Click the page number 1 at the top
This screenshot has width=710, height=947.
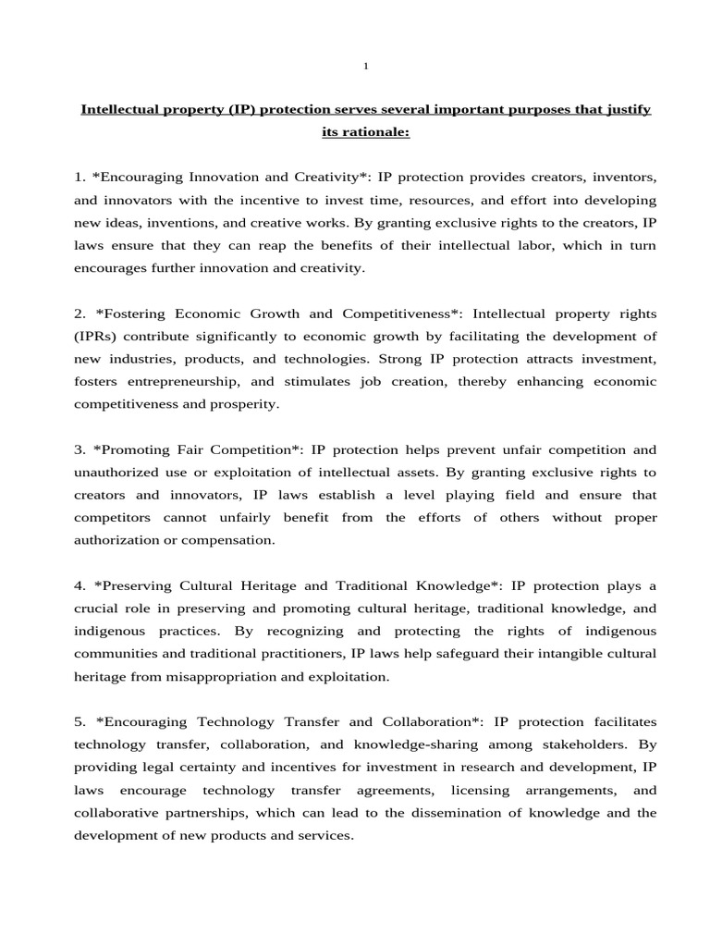[366, 66]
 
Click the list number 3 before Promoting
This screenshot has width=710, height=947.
[80, 449]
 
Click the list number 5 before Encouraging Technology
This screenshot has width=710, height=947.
[80, 722]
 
